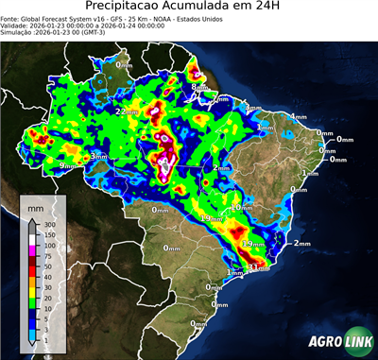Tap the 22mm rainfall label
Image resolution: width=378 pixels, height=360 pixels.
pos(126,111)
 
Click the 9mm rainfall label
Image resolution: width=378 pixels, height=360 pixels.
pos(68,165)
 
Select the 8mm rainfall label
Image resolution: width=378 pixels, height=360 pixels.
pos(198,88)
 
